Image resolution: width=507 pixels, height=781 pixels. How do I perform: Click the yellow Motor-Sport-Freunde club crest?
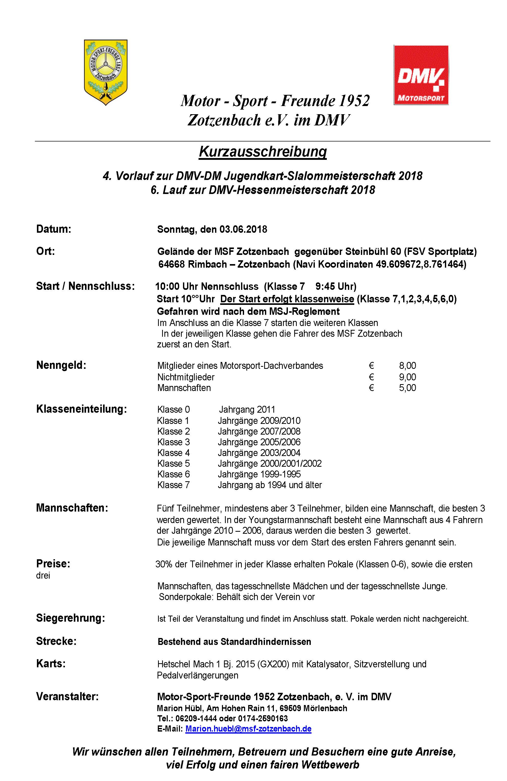(x=106, y=72)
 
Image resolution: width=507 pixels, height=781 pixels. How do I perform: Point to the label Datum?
(x=53, y=229)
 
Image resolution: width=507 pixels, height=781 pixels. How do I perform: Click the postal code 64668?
(x=171, y=264)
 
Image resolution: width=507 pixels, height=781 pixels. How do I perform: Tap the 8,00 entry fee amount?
(x=407, y=366)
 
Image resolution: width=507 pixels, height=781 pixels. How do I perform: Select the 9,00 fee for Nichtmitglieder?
(x=407, y=377)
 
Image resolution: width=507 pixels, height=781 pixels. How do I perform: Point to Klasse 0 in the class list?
(x=173, y=410)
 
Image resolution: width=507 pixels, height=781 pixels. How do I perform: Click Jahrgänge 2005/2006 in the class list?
(x=259, y=442)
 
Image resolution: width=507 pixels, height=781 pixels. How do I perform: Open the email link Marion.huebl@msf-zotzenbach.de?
(x=248, y=728)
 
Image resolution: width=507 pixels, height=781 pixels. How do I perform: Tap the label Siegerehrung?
(x=71, y=618)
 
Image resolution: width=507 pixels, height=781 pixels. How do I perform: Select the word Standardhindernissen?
(x=266, y=642)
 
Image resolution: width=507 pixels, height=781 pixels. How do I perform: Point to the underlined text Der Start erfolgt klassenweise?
(x=287, y=299)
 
